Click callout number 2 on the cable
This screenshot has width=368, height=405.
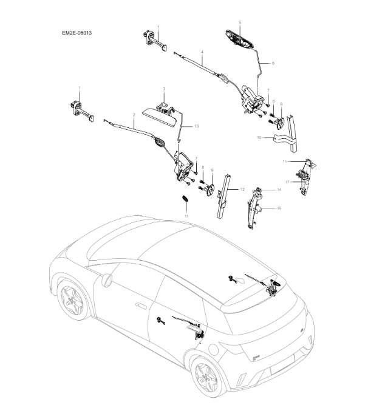(x=133, y=115)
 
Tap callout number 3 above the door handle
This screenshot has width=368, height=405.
(x=163, y=89)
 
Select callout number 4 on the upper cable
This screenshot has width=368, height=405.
(x=202, y=52)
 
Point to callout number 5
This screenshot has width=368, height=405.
(x=239, y=22)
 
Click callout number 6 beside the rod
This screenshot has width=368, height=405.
(x=273, y=62)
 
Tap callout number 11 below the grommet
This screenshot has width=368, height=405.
(x=186, y=216)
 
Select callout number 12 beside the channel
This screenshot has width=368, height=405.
(x=242, y=189)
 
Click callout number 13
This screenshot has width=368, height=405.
(x=196, y=126)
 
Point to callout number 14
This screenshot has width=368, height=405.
(x=279, y=190)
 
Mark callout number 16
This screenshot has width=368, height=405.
(x=279, y=208)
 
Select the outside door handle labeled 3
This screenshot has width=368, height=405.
(x=159, y=116)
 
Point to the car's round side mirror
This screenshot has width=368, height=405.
(x=107, y=279)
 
